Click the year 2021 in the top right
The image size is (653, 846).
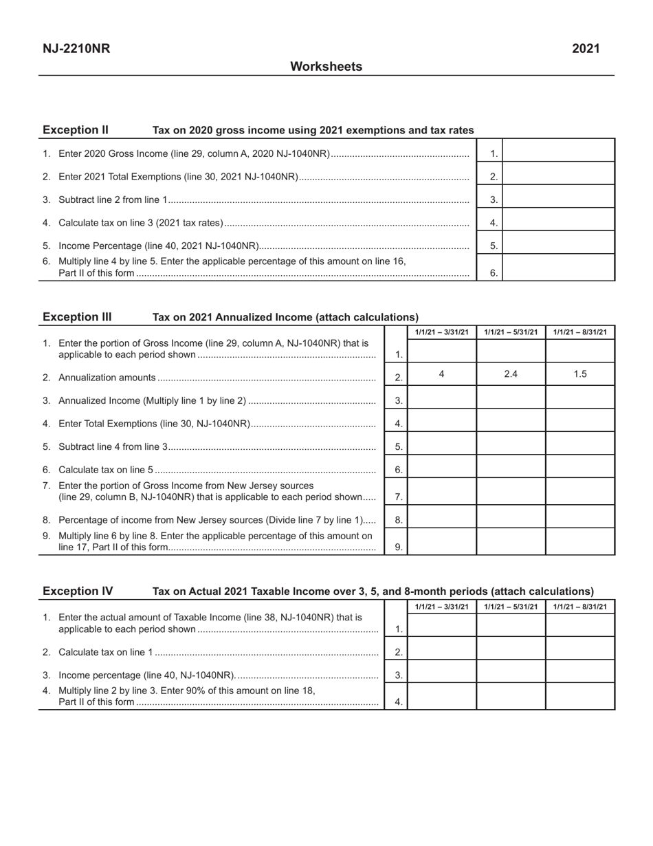point(586,49)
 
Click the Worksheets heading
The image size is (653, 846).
point(326,67)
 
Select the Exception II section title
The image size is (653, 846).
point(76,130)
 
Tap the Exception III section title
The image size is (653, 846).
point(77,317)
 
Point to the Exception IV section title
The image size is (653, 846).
point(78,591)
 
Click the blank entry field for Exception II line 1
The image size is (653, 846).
point(559,151)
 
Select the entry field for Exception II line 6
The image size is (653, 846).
point(559,268)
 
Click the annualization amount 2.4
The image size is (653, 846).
point(511,374)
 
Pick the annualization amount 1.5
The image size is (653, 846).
point(580,374)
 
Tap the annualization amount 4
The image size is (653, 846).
point(441,374)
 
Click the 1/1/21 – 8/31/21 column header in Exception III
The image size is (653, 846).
point(580,333)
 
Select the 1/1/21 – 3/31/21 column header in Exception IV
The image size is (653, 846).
point(441,607)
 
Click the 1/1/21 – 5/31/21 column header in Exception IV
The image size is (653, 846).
point(511,607)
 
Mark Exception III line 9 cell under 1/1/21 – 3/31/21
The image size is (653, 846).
point(441,541)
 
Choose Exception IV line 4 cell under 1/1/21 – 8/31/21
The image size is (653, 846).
point(580,696)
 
